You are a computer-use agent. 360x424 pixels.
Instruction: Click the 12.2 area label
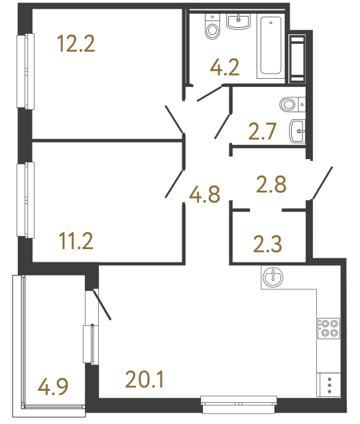77,45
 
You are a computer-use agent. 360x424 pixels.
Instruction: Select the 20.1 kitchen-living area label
144,380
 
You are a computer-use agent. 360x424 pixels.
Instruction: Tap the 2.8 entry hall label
270,184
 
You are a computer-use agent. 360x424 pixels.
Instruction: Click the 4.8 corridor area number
204,195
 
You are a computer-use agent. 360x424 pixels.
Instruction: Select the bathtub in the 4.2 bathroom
270,46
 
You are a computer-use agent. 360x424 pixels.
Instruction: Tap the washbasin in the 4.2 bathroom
238,22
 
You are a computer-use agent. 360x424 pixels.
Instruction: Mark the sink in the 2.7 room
297,131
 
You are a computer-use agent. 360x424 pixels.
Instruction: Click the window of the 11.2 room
28,199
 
